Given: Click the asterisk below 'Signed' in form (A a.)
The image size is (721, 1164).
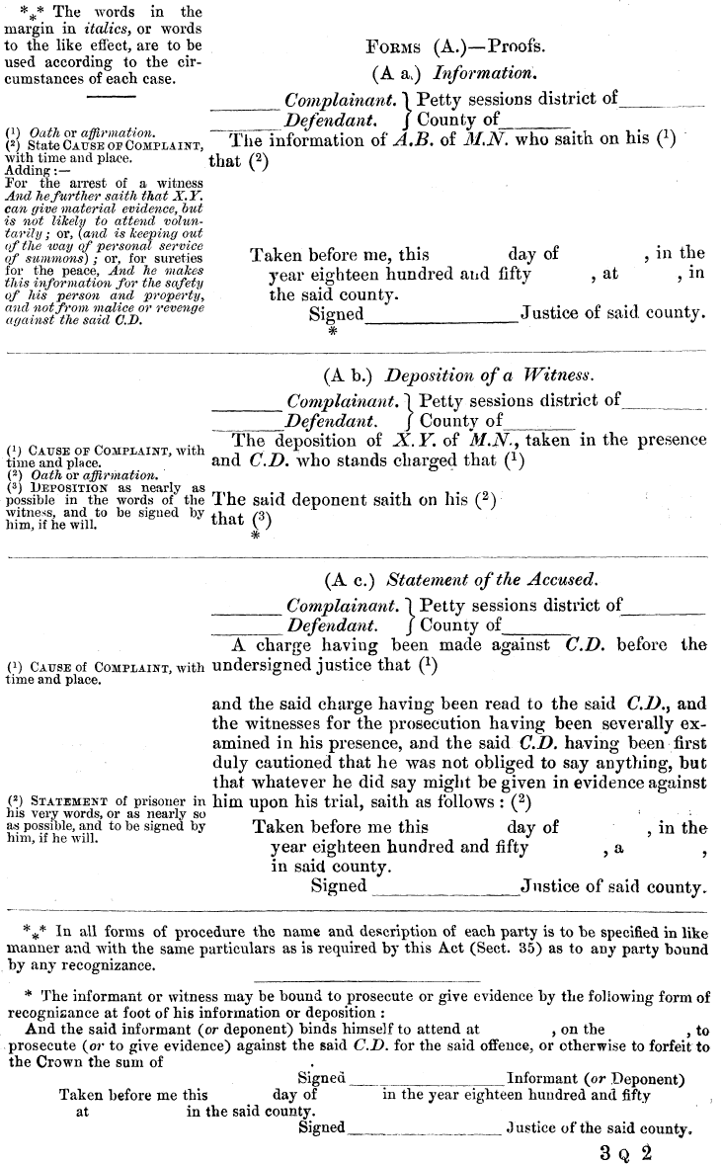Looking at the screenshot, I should [x=332, y=333].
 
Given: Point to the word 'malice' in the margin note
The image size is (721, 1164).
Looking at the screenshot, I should [x=120, y=307].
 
